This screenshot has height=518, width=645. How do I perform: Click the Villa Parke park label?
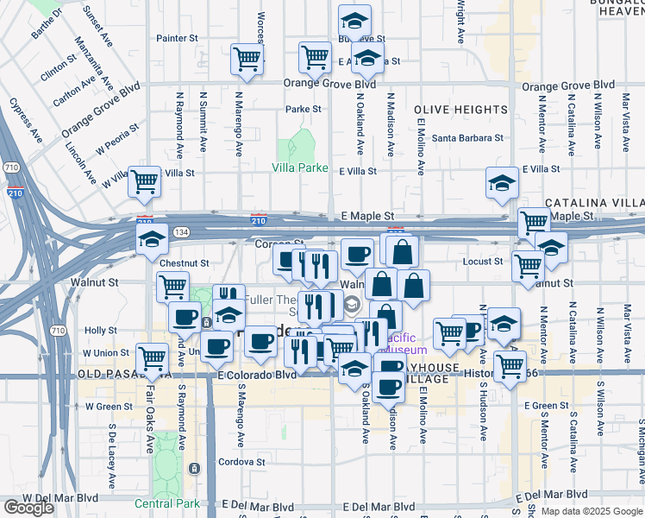[300, 167]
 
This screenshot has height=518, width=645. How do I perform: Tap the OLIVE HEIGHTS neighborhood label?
[460, 110]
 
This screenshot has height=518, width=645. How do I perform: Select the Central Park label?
[166, 502]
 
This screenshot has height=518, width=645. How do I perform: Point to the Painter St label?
[177, 38]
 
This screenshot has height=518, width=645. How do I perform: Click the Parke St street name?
[304, 110]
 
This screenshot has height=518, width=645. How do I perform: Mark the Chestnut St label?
[185, 262]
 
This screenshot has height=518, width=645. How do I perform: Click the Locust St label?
[482, 261]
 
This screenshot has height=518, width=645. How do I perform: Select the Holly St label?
[101, 331]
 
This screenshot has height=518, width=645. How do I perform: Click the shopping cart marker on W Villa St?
[144, 181]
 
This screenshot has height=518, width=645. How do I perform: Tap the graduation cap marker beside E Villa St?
[502, 182]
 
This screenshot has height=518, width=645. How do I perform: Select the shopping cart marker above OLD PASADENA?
[153, 357]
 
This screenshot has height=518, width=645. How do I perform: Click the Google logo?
[28, 508]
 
